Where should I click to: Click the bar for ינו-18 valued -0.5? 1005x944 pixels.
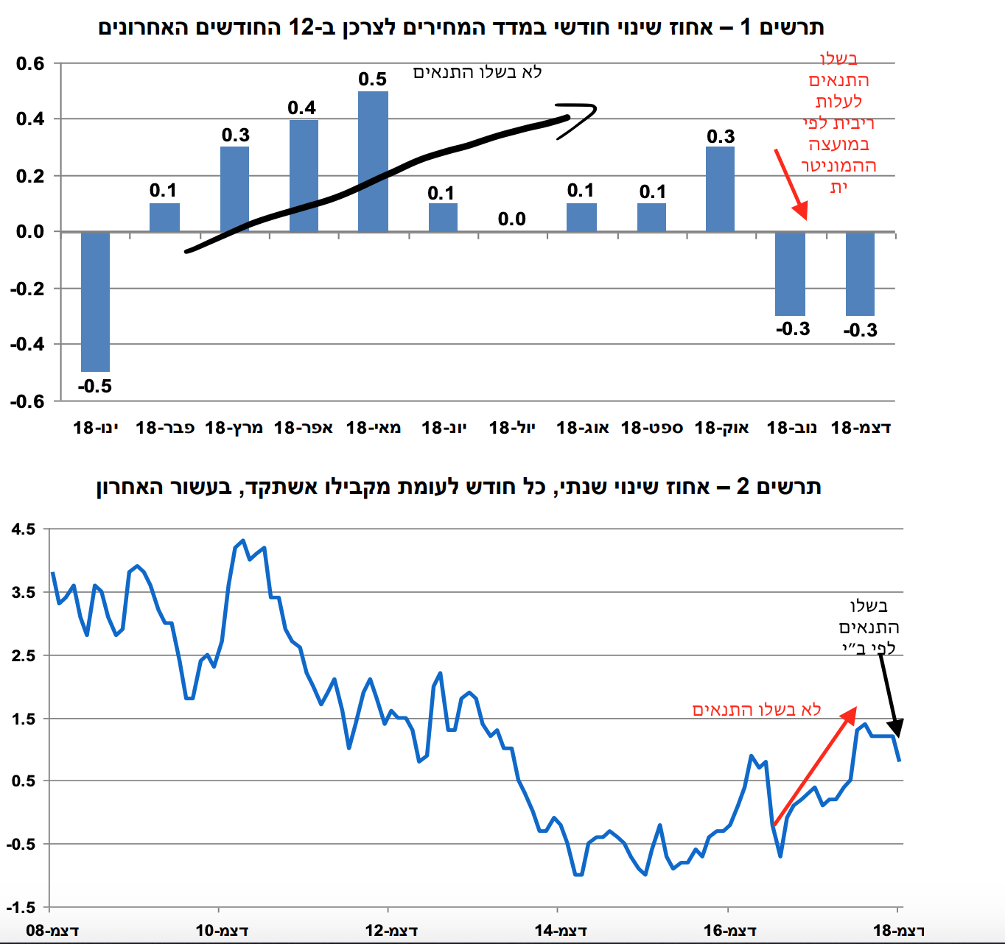[95, 301]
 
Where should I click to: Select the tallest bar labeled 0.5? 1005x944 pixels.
[373, 161]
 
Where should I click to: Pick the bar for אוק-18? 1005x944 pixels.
[720, 189]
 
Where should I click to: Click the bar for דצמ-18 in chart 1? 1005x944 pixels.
[860, 273]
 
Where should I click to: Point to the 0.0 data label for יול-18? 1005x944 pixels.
[511, 219]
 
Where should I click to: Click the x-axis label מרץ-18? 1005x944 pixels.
[234, 428]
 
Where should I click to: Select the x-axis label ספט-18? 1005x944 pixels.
[652, 428]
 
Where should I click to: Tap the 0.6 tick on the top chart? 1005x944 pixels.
[30, 64]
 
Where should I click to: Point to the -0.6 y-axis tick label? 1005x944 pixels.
[27, 401]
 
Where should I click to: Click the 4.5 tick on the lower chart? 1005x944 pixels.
[23, 529]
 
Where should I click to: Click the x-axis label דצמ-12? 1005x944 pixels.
[391, 931]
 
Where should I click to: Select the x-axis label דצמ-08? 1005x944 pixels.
[52, 931]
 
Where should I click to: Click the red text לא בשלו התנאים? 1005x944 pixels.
[757, 709]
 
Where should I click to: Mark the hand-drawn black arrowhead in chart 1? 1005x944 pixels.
[579, 118]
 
